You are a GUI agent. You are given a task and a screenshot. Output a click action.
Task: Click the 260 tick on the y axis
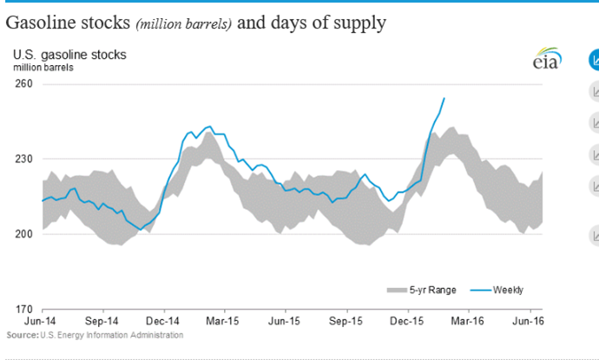23,84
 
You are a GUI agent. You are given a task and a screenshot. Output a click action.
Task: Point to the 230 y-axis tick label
23,159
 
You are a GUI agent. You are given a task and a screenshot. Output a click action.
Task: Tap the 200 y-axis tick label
23,234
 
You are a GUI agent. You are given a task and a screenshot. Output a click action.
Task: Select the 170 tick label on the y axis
23,309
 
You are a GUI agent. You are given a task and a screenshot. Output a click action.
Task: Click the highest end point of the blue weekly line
444,98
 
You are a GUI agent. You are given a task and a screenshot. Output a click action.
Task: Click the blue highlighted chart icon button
595,60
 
